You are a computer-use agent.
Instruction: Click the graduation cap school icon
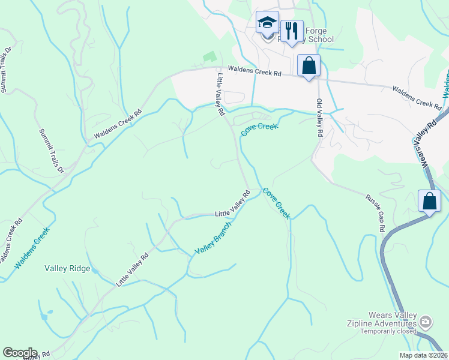point(267,23)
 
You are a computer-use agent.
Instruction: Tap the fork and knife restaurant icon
point(292,30)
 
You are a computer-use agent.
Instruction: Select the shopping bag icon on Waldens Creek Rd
point(309,65)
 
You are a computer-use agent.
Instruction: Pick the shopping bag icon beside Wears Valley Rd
point(430,201)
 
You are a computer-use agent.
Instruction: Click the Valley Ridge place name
point(67,269)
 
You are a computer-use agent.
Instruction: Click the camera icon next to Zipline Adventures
point(426,322)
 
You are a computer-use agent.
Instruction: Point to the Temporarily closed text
point(390,331)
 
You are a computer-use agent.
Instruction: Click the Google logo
point(20,353)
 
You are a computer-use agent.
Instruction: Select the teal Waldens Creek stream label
point(31,247)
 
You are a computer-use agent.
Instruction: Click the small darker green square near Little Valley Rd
point(209,57)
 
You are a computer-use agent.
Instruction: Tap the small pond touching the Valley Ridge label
point(95,269)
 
